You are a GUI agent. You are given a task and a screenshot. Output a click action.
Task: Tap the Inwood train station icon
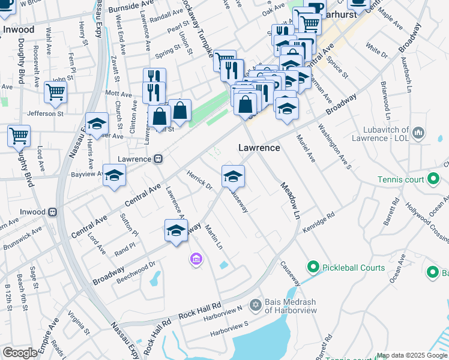point(53,212)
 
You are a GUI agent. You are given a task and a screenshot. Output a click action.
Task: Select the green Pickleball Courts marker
point(312,267)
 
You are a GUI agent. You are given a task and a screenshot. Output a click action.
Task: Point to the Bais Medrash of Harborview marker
point(255,305)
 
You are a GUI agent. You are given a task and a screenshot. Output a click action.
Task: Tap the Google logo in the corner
point(20,353)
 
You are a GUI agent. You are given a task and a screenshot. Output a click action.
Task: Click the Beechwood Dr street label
point(136,271)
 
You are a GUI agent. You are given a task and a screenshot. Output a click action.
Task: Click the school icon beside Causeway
point(233,176)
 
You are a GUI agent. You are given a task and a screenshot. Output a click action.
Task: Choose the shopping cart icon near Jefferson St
point(55,92)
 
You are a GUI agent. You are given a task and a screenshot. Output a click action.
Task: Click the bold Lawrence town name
point(259,148)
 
